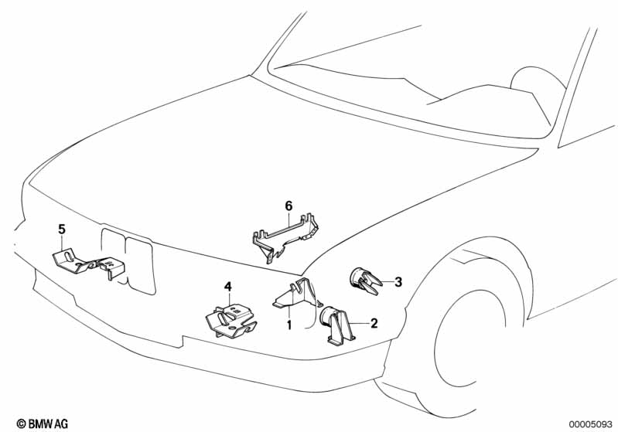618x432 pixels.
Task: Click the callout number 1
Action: pos(289,325)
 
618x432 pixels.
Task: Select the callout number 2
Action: pos(374,323)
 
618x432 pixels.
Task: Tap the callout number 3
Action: pos(398,282)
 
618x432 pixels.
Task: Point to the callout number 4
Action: pos(228,287)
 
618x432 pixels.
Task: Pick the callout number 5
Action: pos(62,230)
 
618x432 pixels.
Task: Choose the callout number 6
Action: pos(289,206)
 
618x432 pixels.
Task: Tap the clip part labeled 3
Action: pos(364,281)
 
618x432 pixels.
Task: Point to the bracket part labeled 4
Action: pos(230,321)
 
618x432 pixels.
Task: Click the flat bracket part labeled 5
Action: pos(88,264)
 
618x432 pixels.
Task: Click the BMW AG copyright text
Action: pos(43,423)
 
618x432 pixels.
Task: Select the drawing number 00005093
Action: pos(590,424)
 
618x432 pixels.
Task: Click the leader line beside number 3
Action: pos(387,281)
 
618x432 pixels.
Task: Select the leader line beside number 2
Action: pos(358,323)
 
